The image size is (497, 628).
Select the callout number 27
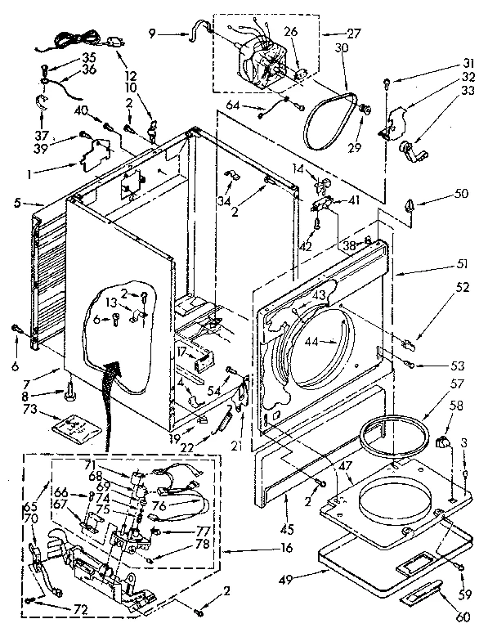(x=352, y=34)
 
